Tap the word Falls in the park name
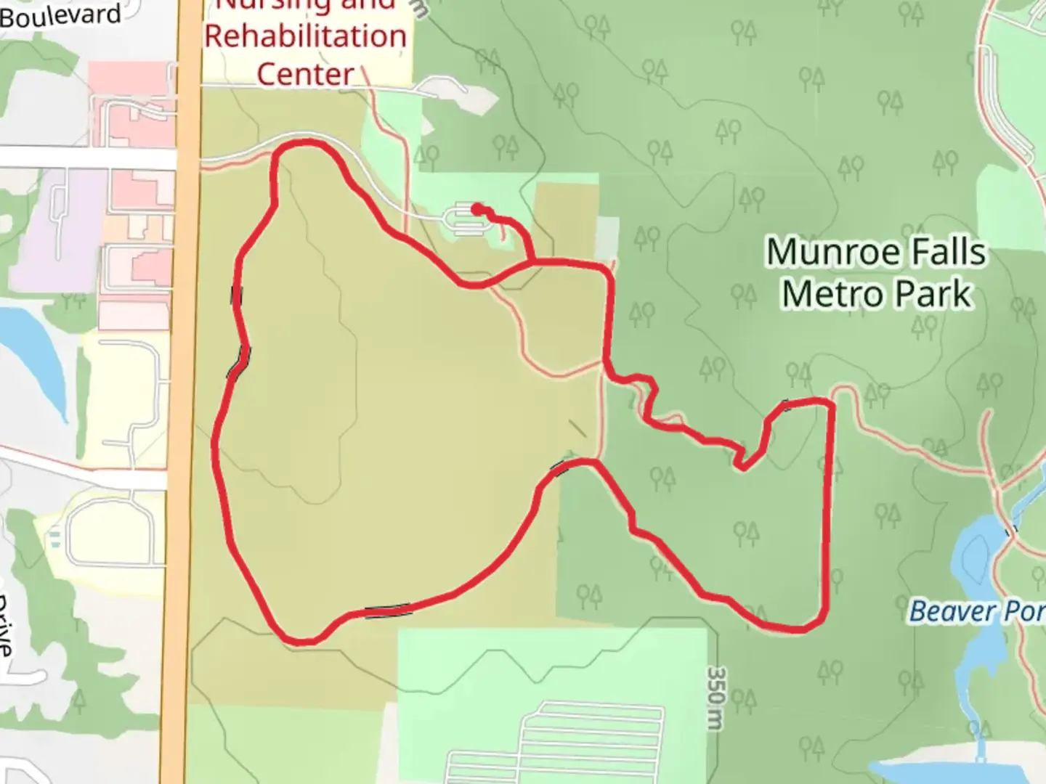946,253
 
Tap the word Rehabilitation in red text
305,36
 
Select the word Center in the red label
305,74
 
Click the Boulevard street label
61,16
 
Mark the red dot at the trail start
477,209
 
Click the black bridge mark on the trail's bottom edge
388,612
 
